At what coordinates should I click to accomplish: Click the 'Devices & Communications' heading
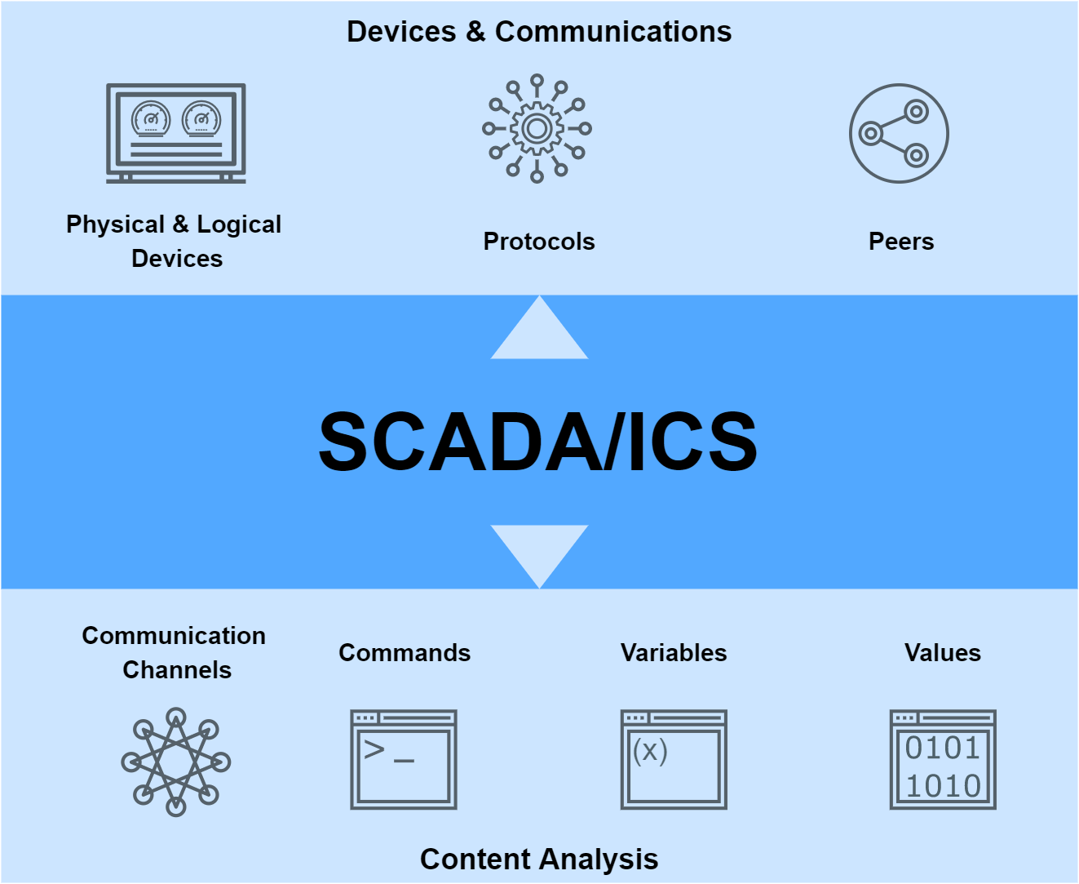539,32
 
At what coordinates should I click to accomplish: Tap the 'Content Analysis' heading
539,859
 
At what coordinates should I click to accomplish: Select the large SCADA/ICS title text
538,442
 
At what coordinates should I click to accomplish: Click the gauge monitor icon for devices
176,133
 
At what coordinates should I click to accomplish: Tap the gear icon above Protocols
537,128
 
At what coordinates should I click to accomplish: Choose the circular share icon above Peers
899,133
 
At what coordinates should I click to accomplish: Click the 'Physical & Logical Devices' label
175,241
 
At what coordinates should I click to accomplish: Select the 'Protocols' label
539,242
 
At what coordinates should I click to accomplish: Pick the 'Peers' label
901,242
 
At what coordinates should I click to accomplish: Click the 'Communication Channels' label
175,652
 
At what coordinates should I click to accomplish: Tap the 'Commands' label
405,653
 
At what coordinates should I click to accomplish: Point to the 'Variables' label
674,653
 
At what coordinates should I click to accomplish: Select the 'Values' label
943,653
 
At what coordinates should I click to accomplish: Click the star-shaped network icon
176,762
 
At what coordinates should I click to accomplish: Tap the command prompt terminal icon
404,760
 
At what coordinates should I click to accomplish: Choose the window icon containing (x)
674,760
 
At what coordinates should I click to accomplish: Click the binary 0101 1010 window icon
943,760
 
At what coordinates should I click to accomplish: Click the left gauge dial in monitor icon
151,119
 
